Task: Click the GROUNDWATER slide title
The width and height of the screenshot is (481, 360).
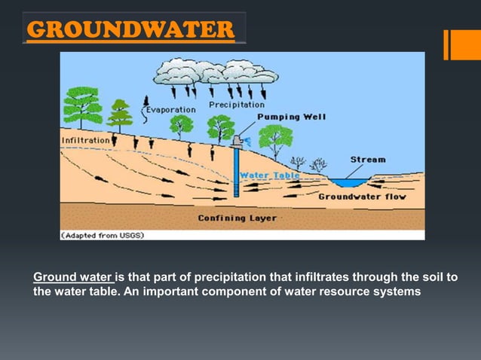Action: pos(130,31)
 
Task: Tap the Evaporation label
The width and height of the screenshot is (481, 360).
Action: pos(170,109)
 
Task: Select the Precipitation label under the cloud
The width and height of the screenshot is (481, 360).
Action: pos(237,105)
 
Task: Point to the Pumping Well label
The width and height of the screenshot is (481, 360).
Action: pos(291,117)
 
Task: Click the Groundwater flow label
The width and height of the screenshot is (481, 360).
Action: pos(362,197)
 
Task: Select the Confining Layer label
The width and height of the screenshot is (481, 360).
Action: pos(237,218)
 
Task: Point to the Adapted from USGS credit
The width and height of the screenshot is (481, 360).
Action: pos(103,235)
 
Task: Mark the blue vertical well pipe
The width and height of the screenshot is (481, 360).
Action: pos(236,173)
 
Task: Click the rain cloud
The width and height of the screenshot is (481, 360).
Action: pos(205,71)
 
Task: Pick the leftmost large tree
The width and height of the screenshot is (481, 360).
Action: pos(83,107)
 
